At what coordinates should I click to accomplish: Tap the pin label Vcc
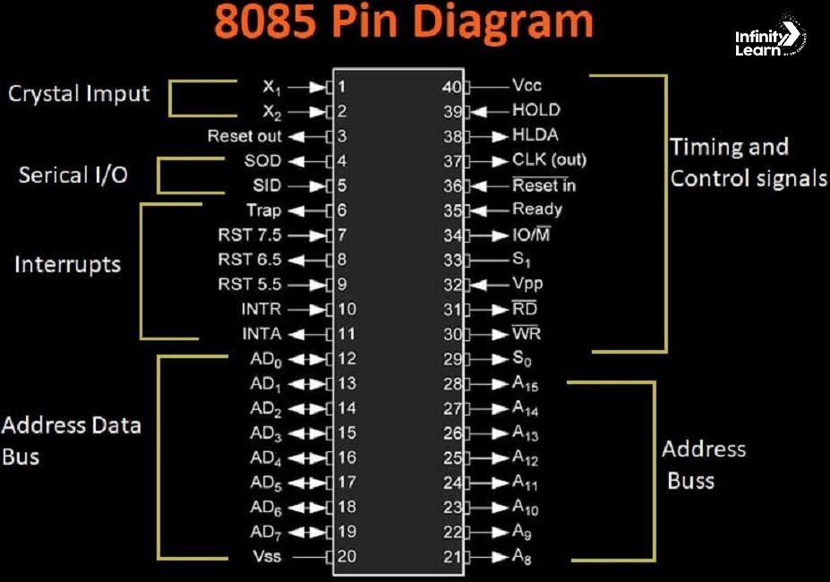click(526, 86)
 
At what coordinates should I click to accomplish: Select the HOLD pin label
click(535, 110)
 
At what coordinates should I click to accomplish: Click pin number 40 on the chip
click(451, 87)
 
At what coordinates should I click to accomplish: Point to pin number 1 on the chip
click(342, 87)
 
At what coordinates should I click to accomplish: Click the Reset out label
click(244, 136)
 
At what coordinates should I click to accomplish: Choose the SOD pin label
click(262, 161)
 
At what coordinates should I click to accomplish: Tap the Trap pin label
click(263, 210)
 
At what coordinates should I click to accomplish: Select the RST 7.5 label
click(249, 235)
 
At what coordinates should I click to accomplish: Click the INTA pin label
click(261, 334)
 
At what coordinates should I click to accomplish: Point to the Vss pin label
click(267, 556)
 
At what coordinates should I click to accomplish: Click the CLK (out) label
click(549, 160)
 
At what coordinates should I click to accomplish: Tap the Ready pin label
click(537, 210)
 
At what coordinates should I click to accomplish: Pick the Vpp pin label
click(527, 284)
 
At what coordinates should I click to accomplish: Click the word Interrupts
click(67, 265)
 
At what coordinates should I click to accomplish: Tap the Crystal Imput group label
click(79, 93)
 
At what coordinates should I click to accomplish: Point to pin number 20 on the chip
click(347, 556)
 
